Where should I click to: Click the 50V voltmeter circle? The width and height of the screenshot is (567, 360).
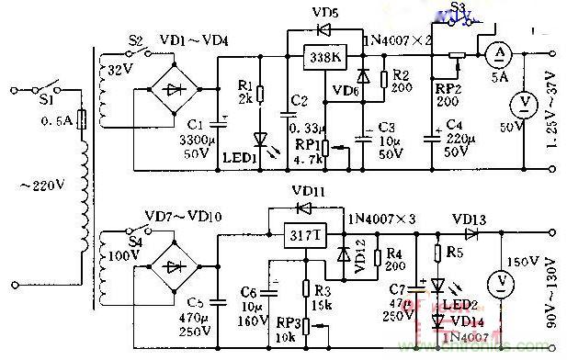[524, 100]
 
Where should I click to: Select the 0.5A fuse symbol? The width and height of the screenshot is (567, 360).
[84, 120]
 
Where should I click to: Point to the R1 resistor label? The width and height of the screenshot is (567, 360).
[244, 84]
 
